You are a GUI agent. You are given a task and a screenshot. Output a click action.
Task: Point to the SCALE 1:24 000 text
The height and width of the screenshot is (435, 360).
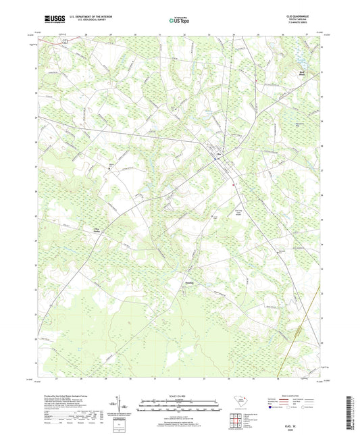tap(180, 394)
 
